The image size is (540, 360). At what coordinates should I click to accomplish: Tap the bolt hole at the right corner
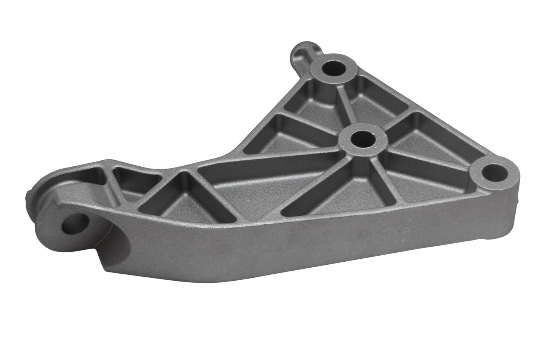point(490,172)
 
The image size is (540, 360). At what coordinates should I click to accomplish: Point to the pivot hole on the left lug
point(75,223)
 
